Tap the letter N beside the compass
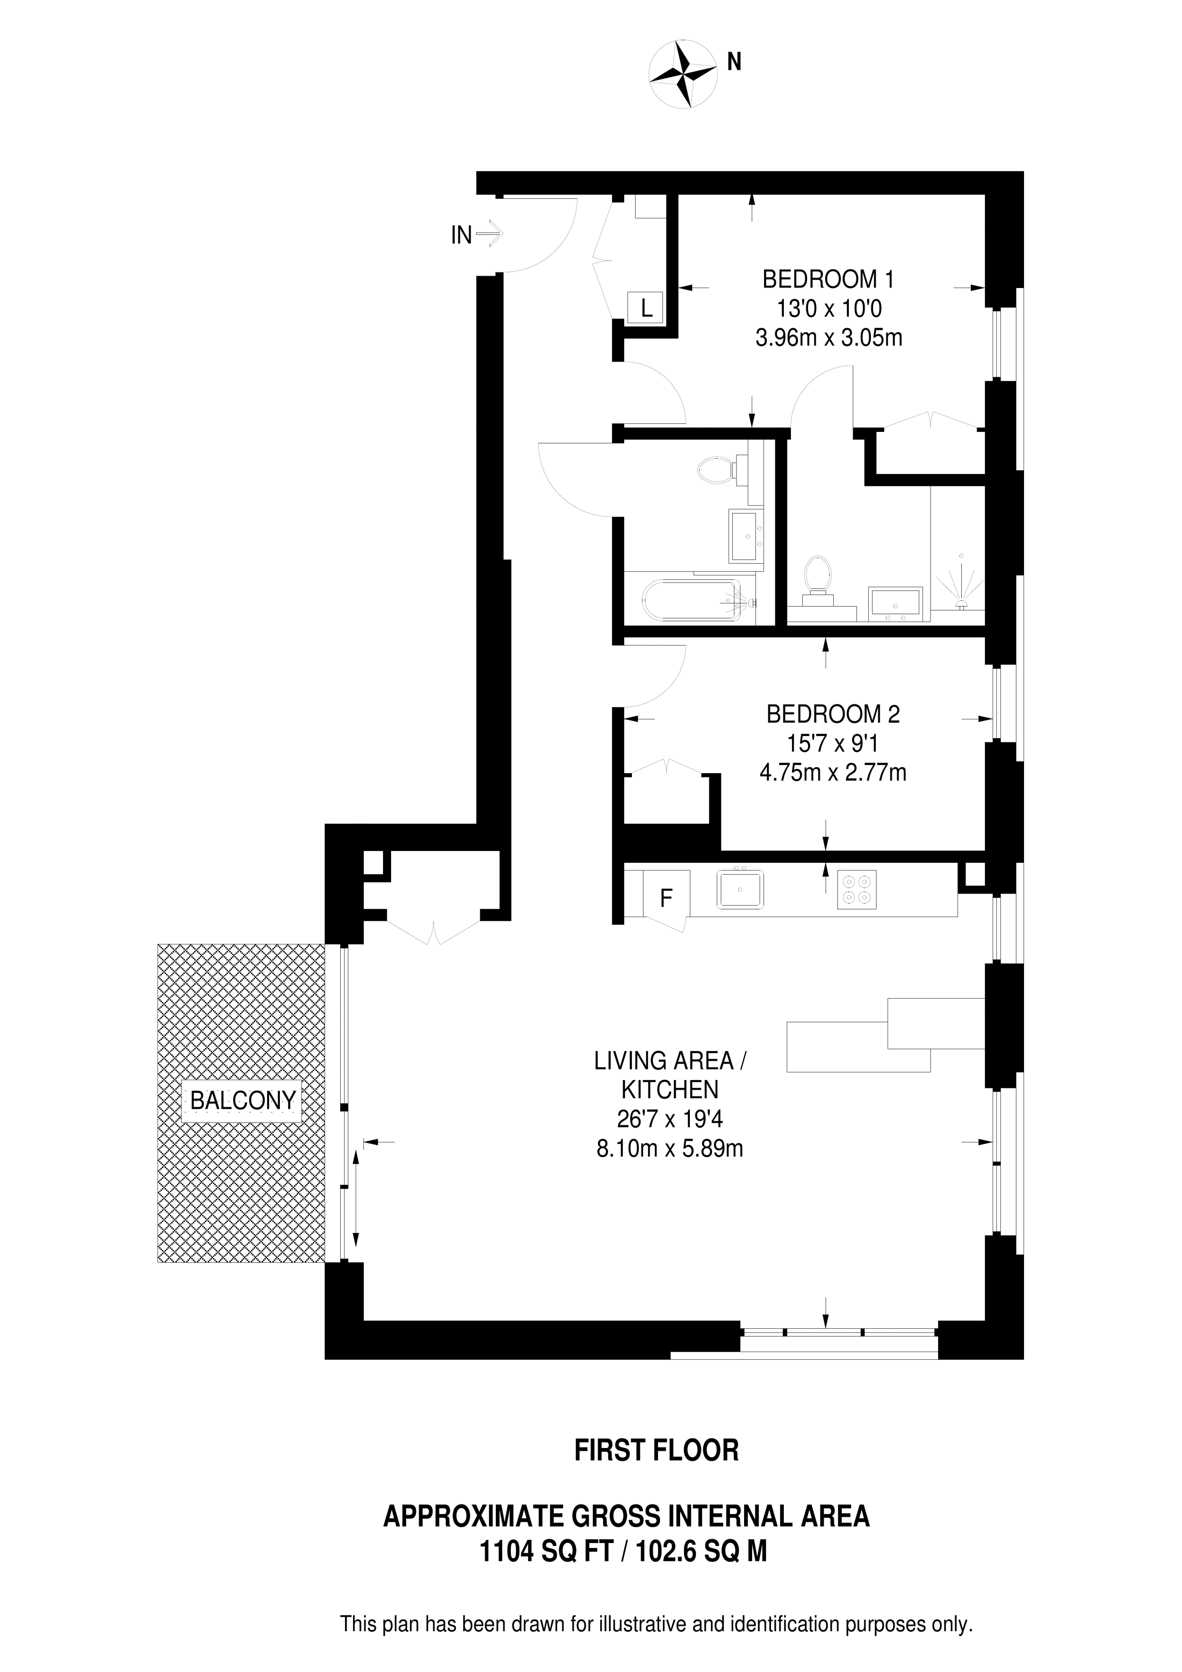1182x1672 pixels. click(734, 63)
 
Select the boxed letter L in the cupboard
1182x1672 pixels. click(646, 308)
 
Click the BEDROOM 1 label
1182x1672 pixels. click(828, 279)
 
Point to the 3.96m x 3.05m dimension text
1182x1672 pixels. click(829, 338)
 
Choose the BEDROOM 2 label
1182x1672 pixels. click(833, 714)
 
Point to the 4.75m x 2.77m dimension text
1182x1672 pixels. click(833, 772)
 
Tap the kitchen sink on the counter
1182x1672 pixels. click(741, 889)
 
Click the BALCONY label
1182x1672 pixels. click(242, 1100)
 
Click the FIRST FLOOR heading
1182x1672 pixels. click(656, 1450)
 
